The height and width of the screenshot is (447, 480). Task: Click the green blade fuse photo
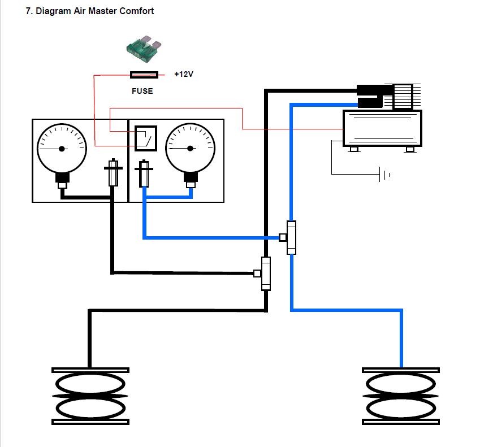click(x=144, y=49)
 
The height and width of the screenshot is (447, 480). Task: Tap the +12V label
click(x=184, y=75)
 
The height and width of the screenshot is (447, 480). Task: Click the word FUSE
click(x=142, y=91)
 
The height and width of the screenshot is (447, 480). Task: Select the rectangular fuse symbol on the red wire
click(x=144, y=75)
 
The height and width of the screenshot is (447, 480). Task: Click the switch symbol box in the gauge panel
click(x=146, y=138)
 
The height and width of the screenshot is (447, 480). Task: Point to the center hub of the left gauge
click(x=62, y=149)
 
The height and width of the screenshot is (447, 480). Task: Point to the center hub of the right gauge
click(x=190, y=149)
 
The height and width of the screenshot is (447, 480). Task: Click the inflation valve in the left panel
click(x=113, y=172)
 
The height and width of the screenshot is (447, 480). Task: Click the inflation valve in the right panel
click(x=144, y=173)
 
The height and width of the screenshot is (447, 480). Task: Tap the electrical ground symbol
click(x=384, y=175)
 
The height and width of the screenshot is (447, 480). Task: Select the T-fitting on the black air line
click(x=263, y=274)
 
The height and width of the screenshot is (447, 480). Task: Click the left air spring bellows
click(x=90, y=396)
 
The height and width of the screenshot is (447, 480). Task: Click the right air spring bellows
click(x=401, y=396)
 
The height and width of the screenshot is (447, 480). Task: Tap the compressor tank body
click(x=382, y=128)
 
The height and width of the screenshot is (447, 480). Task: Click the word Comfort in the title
click(x=136, y=11)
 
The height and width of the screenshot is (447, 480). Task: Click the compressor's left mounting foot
click(x=354, y=149)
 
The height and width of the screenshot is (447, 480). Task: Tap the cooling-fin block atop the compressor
click(x=403, y=97)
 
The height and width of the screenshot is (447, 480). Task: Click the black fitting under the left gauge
click(x=62, y=179)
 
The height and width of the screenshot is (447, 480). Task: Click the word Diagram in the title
click(x=53, y=11)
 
